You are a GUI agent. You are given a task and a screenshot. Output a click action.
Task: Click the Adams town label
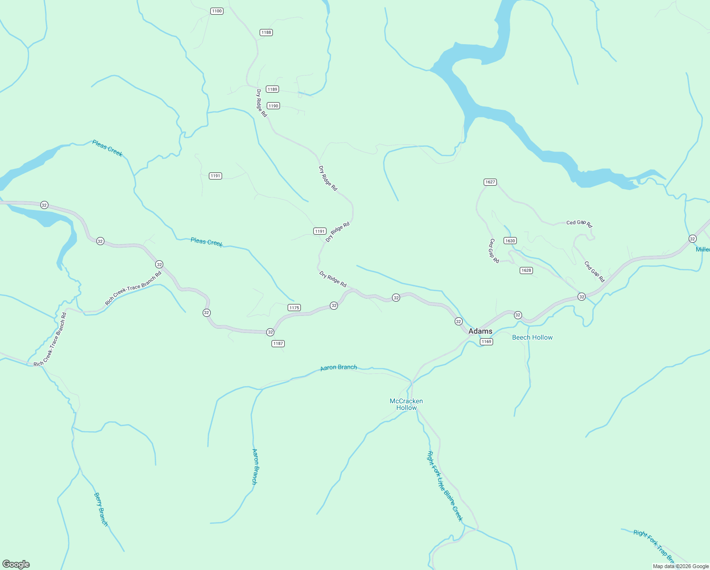coord(480,331)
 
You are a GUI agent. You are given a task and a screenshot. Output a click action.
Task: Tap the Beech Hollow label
coord(532,337)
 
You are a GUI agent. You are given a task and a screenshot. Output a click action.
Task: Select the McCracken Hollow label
coord(406,404)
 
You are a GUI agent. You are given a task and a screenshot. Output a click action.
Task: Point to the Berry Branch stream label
coord(101,509)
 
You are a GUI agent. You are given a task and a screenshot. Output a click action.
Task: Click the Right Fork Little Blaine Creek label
coord(445,486)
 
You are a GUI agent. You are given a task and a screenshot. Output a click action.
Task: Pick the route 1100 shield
coord(216,11)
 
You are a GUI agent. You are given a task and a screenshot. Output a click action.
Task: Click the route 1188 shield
coord(266,32)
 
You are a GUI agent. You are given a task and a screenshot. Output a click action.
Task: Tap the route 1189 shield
coord(272,89)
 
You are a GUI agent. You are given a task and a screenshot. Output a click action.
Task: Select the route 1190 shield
coord(273,106)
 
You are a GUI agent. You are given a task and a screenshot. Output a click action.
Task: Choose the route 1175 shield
coord(294,308)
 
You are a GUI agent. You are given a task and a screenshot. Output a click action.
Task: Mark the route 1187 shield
coord(278,343)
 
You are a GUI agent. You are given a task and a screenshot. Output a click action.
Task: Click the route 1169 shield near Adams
coord(486,342)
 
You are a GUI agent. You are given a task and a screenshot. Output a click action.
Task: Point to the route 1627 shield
coord(490,182)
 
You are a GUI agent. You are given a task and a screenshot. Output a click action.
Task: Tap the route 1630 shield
coord(510,241)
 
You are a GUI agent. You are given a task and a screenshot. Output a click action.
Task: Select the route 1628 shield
coord(526,270)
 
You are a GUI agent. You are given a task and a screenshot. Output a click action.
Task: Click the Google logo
coord(16,564)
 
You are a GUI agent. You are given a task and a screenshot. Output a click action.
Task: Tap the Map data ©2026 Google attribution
coord(681,566)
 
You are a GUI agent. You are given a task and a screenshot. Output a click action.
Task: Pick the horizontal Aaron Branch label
coord(338,368)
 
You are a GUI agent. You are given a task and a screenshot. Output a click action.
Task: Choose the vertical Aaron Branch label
coord(255,466)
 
